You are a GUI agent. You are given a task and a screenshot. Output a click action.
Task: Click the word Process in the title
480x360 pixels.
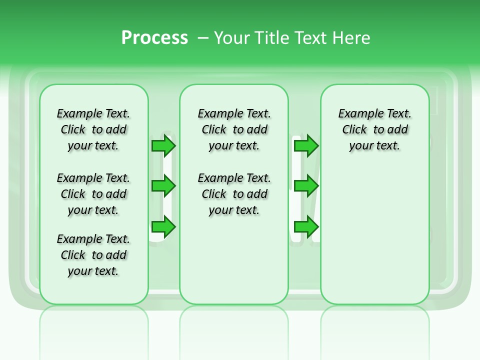(154, 38)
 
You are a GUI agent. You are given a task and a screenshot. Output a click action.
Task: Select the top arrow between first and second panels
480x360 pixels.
(163, 145)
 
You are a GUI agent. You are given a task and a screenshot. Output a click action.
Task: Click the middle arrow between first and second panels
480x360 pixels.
(163, 186)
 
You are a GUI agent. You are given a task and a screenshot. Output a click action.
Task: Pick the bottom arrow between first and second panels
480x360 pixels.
(163, 227)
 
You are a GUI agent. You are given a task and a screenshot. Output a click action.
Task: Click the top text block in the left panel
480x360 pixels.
(93, 129)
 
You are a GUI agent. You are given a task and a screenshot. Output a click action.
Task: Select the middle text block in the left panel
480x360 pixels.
(93, 194)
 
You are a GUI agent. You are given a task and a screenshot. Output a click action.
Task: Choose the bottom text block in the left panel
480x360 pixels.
(93, 255)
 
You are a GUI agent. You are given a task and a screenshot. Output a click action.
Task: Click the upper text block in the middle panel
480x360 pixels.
(234, 129)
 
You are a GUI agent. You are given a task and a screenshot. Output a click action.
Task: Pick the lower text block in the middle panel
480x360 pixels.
(234, 194)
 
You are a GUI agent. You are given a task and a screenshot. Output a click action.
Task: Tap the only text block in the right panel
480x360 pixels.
(375, 129)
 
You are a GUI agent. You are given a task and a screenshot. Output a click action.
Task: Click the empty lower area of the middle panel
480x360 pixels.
(234, 260)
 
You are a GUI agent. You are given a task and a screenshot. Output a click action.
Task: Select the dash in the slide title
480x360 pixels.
(203, 38)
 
